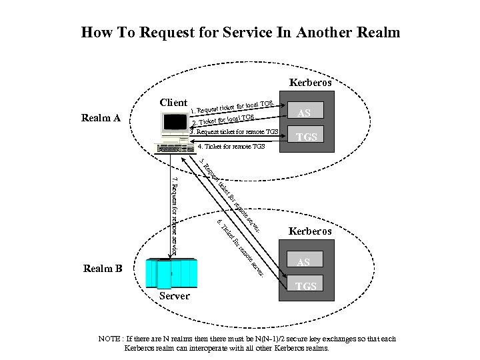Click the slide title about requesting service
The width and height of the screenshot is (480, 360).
(x=240, y=32)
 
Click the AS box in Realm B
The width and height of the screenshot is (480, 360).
(x=303, y=261)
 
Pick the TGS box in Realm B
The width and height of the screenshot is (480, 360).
(x=306, y=285)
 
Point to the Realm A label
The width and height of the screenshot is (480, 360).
(x=101, y=118)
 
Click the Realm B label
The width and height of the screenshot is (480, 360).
(x=103, y=269)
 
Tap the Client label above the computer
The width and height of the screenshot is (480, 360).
(x=173, y=102)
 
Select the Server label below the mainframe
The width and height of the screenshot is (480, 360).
(x=175, y=295)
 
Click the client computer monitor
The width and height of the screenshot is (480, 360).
(x=175, y=123)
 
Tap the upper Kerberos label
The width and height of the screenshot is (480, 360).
(x=310, y=83)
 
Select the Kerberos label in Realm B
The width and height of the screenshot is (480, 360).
(x=310, y=231)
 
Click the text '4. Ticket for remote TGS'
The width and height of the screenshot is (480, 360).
(x=231, y=146)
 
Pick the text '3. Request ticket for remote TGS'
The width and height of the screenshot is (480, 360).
(x=233, y=131)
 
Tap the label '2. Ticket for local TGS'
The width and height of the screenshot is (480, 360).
(x=223, y=120)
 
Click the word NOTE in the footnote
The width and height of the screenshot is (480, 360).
(x=109, y=339)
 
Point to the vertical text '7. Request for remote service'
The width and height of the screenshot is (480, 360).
(x=175, y=213)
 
